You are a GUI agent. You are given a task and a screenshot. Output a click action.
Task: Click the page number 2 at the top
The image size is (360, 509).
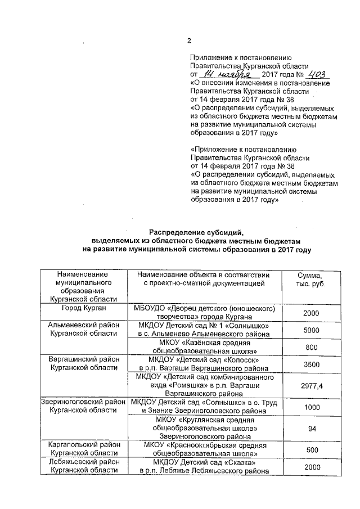tap(190, 40)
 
